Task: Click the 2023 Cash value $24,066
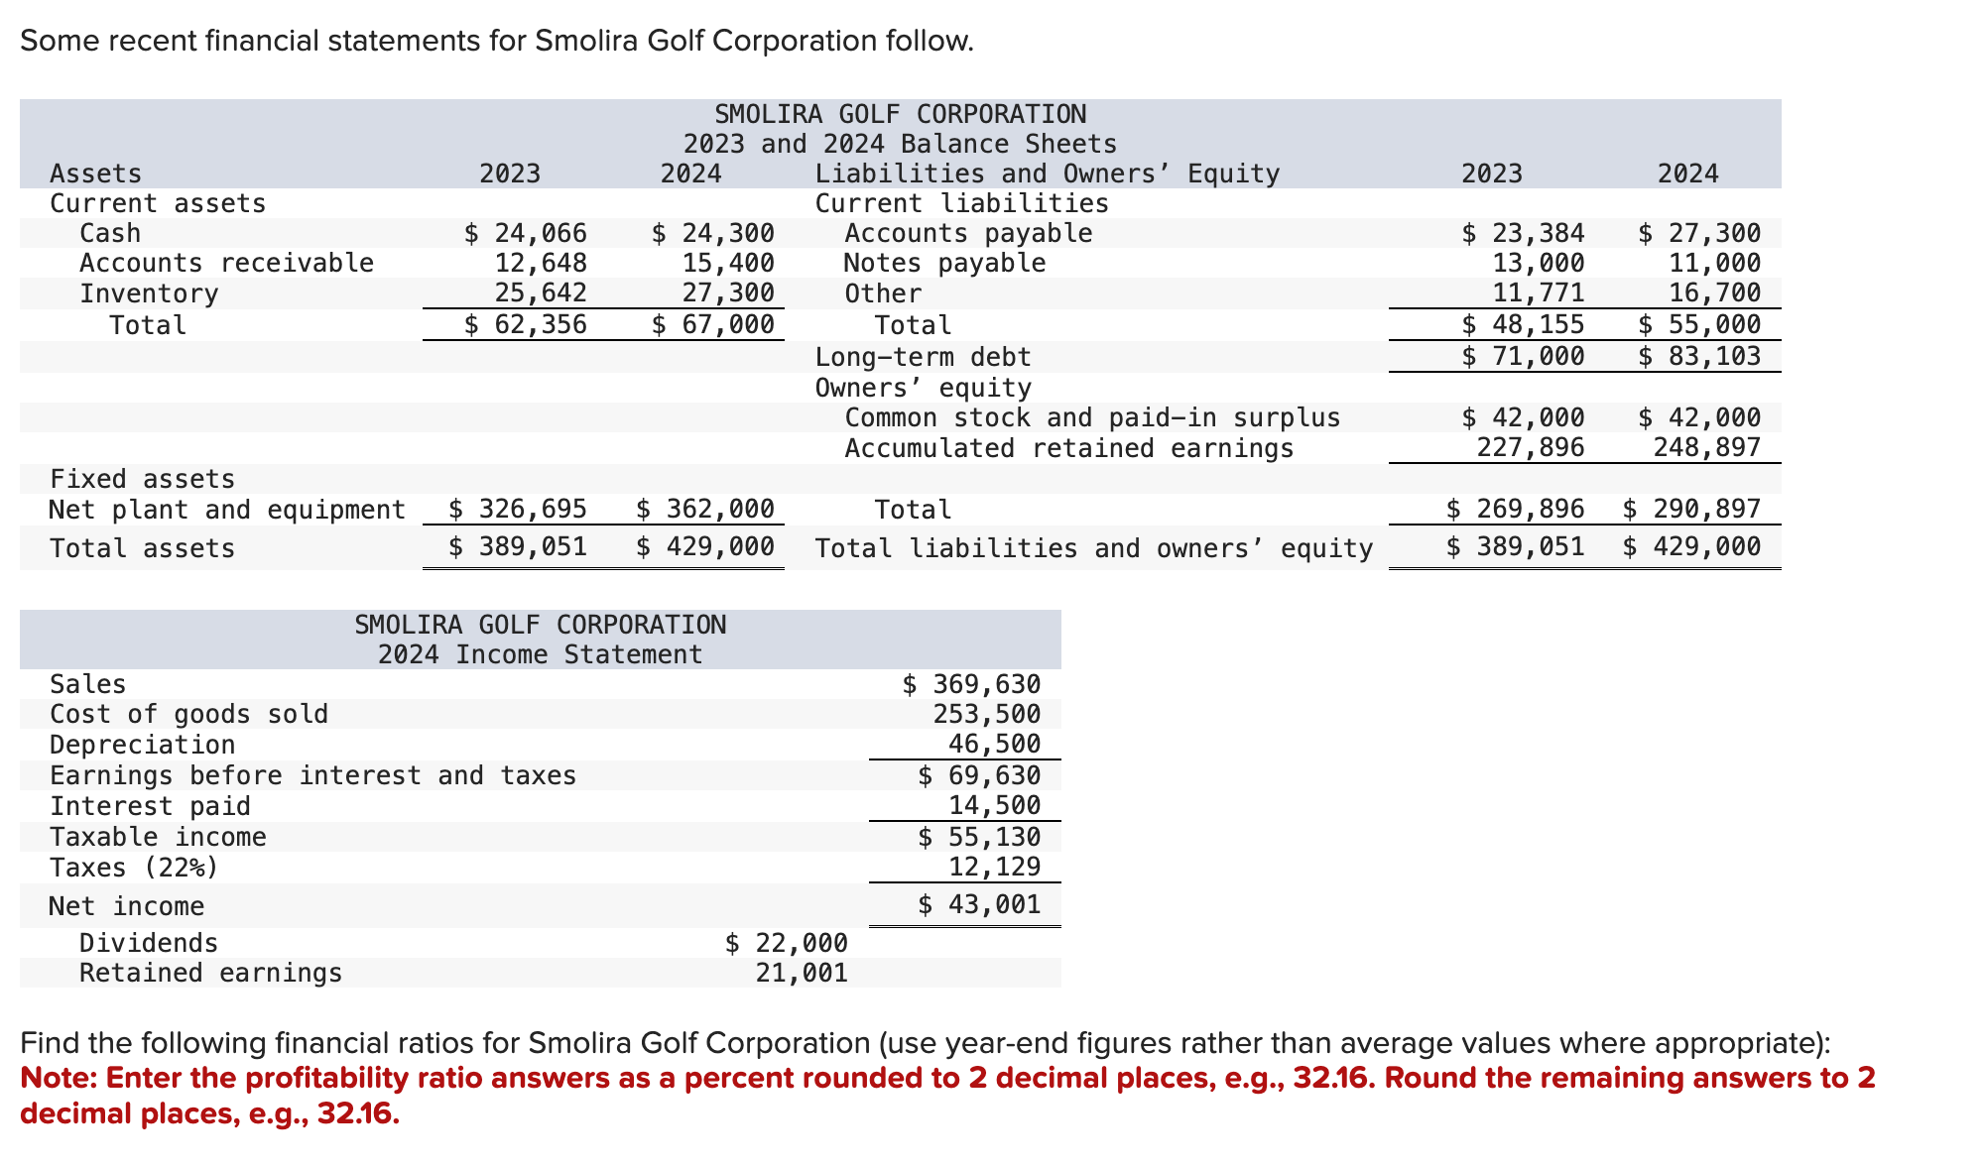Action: click(526, 233)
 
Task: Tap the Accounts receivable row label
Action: click(226, 264)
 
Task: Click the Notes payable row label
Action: click(943, 264)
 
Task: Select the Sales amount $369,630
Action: click(971, 684)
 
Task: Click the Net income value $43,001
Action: click(979, 904)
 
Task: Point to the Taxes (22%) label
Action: click(133, 868)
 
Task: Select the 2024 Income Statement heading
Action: click(540, 655)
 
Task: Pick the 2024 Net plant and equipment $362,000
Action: click(704, 510)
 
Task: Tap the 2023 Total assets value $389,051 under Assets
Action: click(517, 547)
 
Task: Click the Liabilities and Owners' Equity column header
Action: click(1047, 174)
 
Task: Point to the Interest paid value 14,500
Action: click(994, 806)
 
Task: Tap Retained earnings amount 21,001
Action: click(801, 973)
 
